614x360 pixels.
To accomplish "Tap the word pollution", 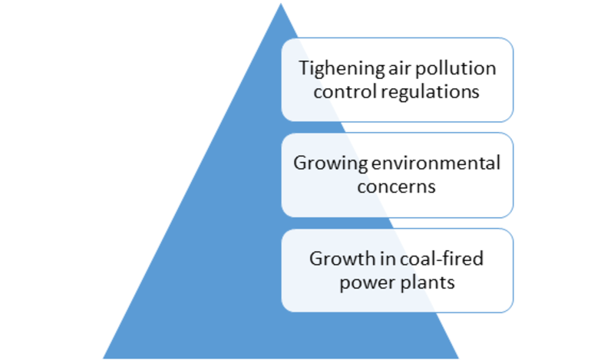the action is tap(456, 69).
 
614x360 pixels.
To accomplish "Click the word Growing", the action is tap(331, 163).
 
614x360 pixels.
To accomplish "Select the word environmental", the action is tap(436, 163).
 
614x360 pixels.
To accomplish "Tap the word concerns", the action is tap(396, 187).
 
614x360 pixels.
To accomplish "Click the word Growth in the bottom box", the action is tap(342, 259).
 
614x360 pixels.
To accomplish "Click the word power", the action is tap(363, 283).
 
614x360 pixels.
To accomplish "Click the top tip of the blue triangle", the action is tap(280, 4).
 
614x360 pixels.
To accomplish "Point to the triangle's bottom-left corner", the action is tap(103, 358).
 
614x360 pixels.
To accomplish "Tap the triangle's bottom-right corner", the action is tap(458, 358).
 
